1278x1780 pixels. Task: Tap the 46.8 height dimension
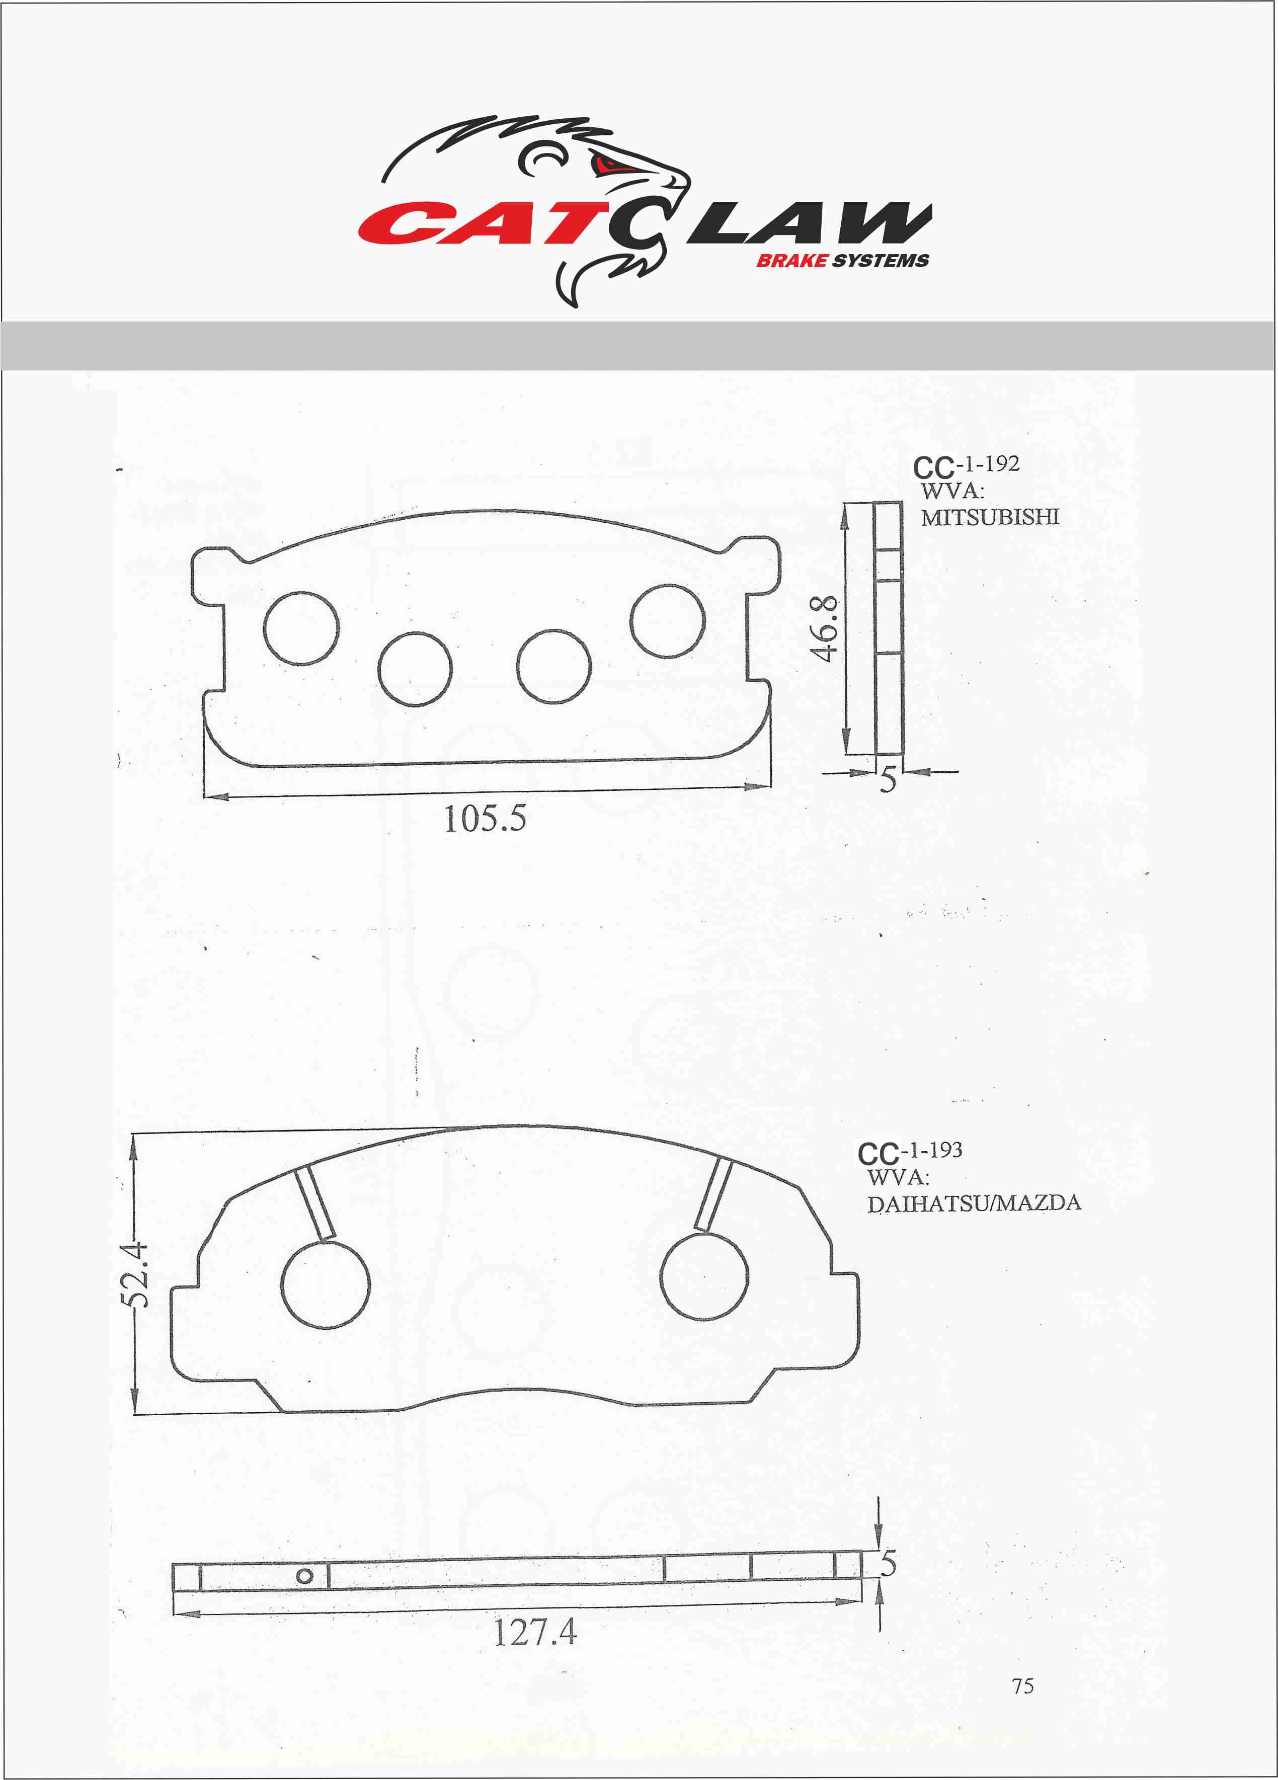coord(824,629)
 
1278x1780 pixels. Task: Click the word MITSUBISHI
coord(990,517)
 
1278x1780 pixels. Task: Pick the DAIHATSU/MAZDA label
coord(974,1203)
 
